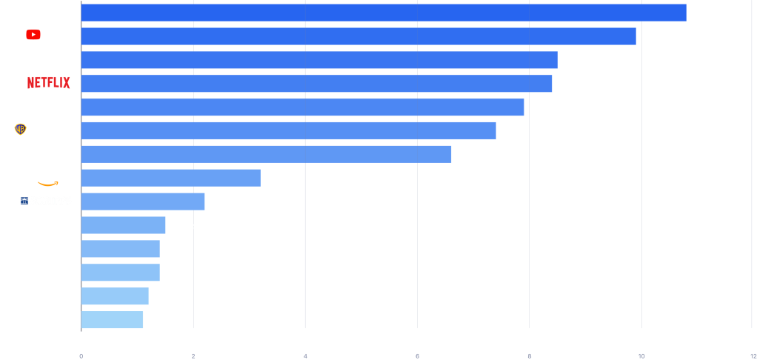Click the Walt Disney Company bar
(x=383, y=13)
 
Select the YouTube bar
(x=358, y=36)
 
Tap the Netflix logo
(x=49, y=83)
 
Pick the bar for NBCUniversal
(x=319, y=60)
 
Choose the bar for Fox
(x=266, y=154)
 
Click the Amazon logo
(x=51, y=179)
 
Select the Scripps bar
(x=142, y=201)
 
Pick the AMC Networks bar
(x=112, y=320)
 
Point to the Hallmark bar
(x=115, y=296)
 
